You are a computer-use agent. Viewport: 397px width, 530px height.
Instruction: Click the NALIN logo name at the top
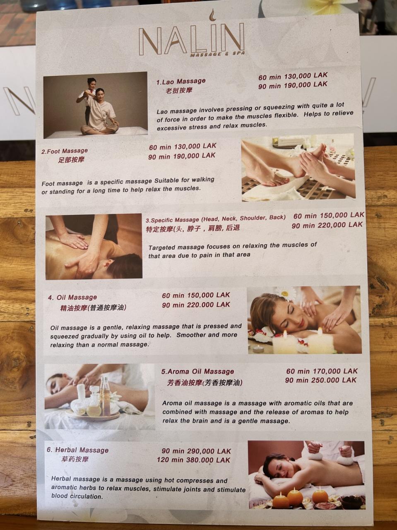(192, 39)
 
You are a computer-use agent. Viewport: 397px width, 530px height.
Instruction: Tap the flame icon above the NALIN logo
(212, 15)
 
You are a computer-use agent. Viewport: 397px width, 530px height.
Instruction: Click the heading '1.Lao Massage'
(181, 82)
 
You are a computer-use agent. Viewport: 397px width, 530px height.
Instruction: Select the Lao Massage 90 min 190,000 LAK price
(293, 85)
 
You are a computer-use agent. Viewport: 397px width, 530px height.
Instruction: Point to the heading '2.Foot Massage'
(65, 151)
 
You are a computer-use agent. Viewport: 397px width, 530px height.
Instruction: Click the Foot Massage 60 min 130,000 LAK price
(183, 146)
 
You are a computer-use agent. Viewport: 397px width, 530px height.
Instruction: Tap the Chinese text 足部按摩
(71, 159)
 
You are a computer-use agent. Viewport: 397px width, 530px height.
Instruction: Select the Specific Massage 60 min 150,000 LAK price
(329, 215)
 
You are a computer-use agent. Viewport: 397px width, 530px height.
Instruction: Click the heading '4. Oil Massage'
(72, 297)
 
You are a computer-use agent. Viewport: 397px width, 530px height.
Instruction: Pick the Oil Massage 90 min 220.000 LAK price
(196, 305)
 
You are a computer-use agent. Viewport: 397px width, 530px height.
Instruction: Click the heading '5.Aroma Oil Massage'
(197, 371)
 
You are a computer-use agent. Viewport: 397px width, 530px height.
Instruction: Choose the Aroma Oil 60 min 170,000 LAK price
(322, 371)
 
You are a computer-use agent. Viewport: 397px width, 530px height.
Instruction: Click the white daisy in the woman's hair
(285, 294)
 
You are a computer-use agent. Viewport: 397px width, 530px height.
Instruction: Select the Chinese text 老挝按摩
(179, 91)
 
